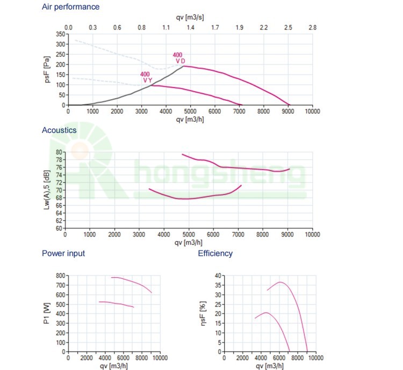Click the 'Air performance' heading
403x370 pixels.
tap(70, 7)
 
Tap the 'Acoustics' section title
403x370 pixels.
tap(59, 130)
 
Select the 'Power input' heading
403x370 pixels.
tap(63, 253)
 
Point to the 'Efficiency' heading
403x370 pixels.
tap(215, 253)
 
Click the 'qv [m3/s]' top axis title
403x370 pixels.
tap(191, 17)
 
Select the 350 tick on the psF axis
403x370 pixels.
tap(59, 34)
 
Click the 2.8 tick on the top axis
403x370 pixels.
tap(312, 27)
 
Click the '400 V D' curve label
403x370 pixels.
tap(179, 58)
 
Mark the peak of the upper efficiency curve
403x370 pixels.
tap(280, 282)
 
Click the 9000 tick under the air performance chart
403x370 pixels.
tap(287, 112)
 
